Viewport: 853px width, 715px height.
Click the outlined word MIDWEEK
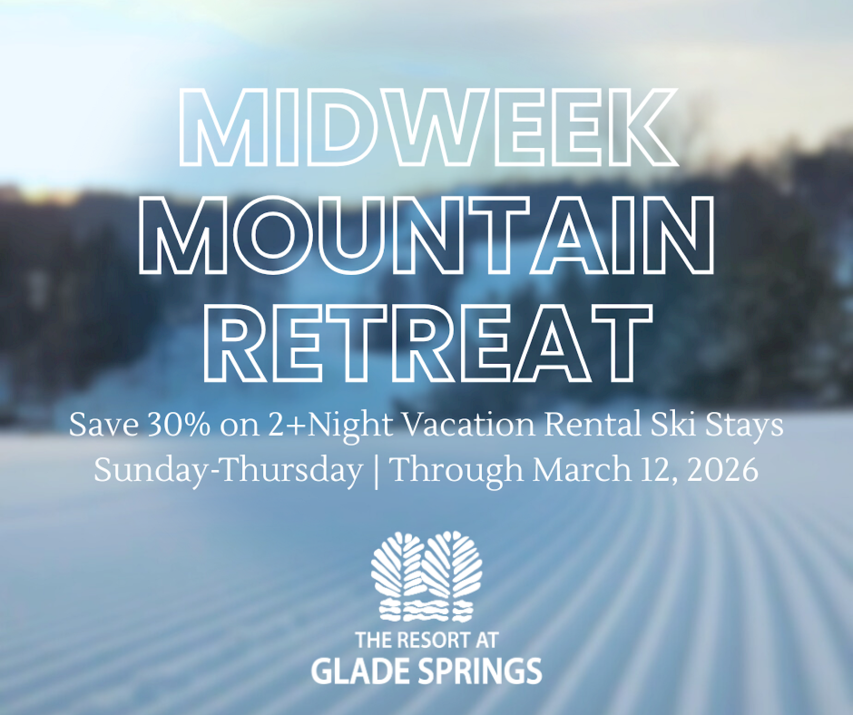pos(428,127)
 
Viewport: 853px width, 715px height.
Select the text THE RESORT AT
pos(427,640)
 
